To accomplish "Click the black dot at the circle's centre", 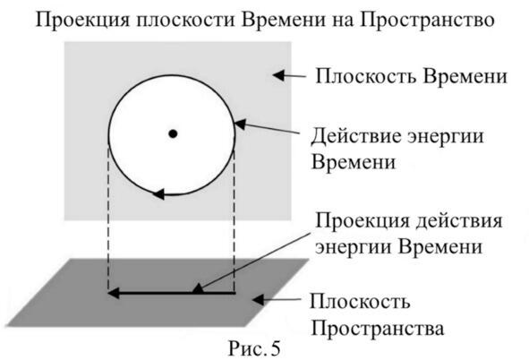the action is tap(173, 134).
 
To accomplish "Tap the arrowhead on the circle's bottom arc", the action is tap(159, 194).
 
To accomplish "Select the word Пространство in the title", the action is tap(426, 21).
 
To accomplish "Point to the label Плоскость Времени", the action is tap(411, 76).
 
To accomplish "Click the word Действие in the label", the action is tap(356, 137).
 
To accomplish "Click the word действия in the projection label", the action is tap(459, 222).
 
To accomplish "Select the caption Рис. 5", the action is tap(254, 348).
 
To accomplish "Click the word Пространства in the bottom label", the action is tap(377, 328).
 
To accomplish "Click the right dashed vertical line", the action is tap(234, 220).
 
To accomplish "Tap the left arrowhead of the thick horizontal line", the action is tap(114, 293).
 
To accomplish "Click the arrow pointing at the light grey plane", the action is tap(289, 75).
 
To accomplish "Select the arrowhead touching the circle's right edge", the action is tap(240, 124).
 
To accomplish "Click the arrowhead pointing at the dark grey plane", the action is tap(258, 299).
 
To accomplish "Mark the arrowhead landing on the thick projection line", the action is tap(198, 289).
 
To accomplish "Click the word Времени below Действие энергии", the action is tap(354, 162).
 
